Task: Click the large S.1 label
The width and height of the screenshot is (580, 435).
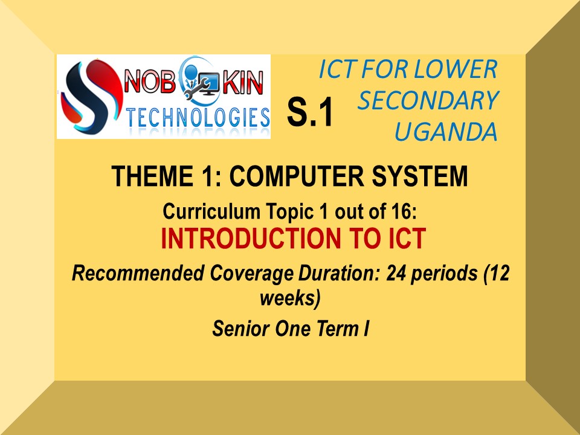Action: pos(310,112)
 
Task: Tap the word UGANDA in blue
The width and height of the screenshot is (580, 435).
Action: pos(446,132)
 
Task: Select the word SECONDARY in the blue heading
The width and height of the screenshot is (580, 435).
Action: pos(428,100)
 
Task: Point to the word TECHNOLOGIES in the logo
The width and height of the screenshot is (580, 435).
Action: pos(198,118)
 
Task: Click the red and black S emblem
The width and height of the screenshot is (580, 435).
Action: pos(91,96)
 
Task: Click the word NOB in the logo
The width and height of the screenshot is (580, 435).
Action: pos(150,82)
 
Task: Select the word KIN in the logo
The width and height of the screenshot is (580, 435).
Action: pos(243,82)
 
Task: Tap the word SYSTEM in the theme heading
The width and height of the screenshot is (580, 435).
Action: pos(420,176)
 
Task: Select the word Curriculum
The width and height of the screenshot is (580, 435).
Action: pos(211,211)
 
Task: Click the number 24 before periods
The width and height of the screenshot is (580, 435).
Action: pos(396,273)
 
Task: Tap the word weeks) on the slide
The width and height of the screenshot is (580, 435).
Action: pos(290,298)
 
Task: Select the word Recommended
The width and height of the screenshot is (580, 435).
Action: pos(138,273)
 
